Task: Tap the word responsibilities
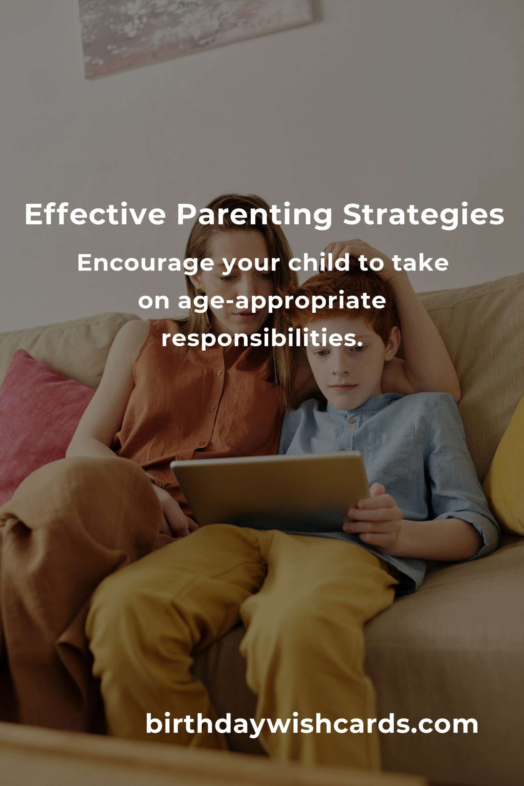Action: click(262, 339)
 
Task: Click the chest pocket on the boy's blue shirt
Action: click(389, 451)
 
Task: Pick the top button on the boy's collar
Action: click(351, 421)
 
